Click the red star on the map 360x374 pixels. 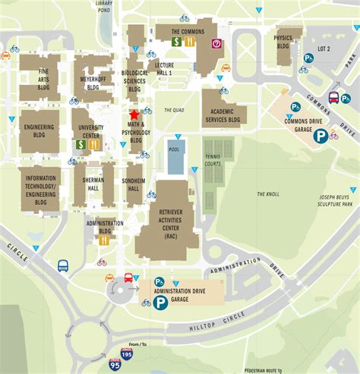coord(134,114)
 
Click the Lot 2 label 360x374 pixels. coord(323,49)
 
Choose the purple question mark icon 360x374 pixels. coord(216,43)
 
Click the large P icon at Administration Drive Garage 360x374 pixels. coord(160,303)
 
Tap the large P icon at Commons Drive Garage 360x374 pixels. coord(321,136)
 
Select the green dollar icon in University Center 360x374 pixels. coord(80,143)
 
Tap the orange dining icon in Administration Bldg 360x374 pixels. coord(103,239)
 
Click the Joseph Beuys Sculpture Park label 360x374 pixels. coord(335,200)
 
